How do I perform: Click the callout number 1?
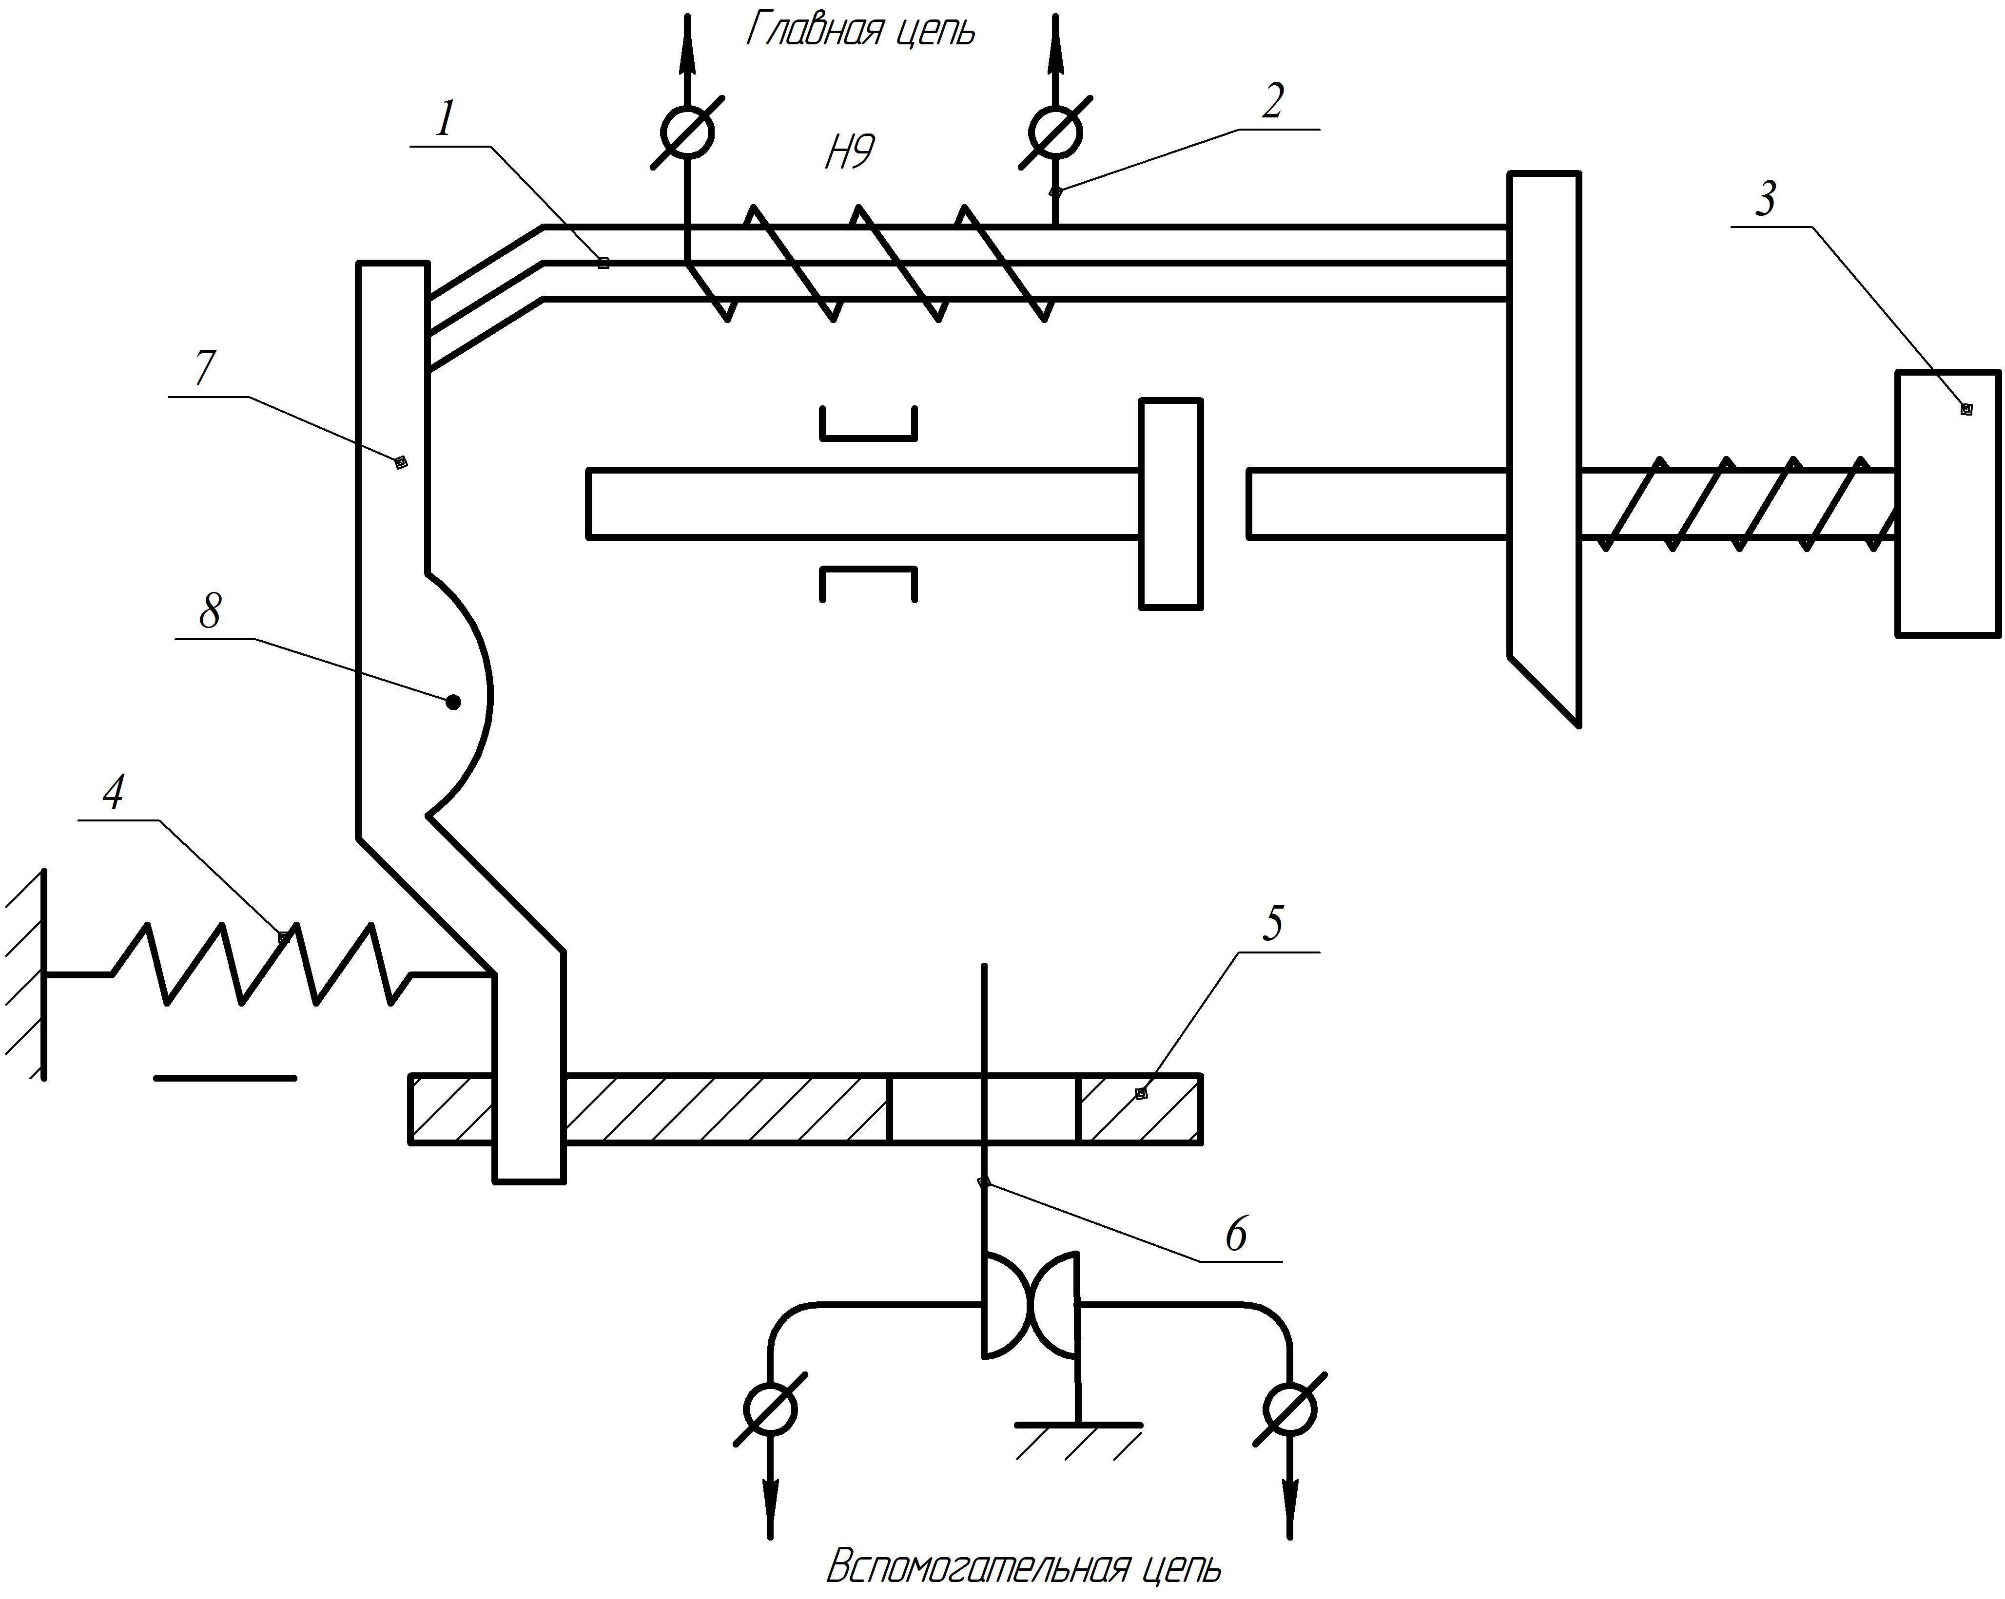[x=446, y=119]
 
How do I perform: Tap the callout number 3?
[x=1765, y=199]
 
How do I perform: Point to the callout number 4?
[x=114, y=793]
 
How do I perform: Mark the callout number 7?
[x=205, y=369]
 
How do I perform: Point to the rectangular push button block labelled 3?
[x=1947, y=503]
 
